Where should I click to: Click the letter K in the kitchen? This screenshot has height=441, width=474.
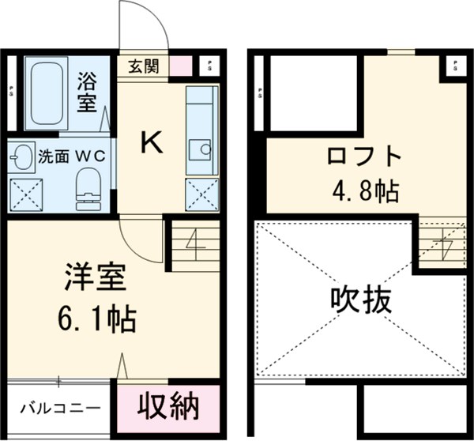[152, 142]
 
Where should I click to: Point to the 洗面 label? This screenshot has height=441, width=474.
[53, 156]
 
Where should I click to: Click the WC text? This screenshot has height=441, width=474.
[92, 156]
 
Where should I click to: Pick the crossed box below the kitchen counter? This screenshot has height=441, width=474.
[201, 194]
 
